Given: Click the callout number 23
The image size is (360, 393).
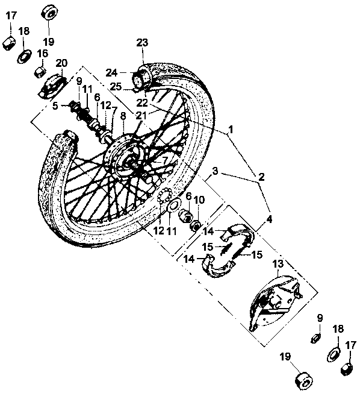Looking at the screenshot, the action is pyautogui.click(x=142, y=43).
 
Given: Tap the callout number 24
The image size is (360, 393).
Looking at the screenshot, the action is pyautogui.click(x=111, y=73).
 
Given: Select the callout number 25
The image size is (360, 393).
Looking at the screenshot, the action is pyautogui.click(x=116, y=87).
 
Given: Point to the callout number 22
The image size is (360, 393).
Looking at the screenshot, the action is pyautogui.click(x=142, y=102).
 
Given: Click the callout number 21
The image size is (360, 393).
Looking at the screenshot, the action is pyautogui.click(x=141, y=116).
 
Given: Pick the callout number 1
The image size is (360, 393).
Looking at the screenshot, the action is pyautogui.click(x=231, y=130).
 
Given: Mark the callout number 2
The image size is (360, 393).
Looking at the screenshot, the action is pyautogui.click(x=261, y=177).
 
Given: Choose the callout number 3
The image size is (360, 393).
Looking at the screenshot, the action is pyautogui.click(x=215, y=171).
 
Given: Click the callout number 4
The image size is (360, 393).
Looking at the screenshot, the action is pyautogui.click(x=269, y=219).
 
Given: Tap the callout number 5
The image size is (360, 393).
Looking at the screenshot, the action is pyautogui.click(x=55, y=105).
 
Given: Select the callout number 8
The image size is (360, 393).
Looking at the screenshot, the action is pyautogui.click(x=123, y=116).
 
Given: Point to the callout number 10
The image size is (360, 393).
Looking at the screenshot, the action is pyautogui.click(x=199, y=200).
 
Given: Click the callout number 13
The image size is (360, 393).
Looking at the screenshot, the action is pyautogui.click(x=278, y=263).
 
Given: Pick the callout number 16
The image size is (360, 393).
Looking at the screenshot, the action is pyautogui.click(x=43, y=54).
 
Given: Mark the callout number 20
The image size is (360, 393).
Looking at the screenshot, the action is pyautogui.click(x=61, y=63).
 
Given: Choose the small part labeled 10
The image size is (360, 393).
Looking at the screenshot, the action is pyautogui.click(x=196, y=226).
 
